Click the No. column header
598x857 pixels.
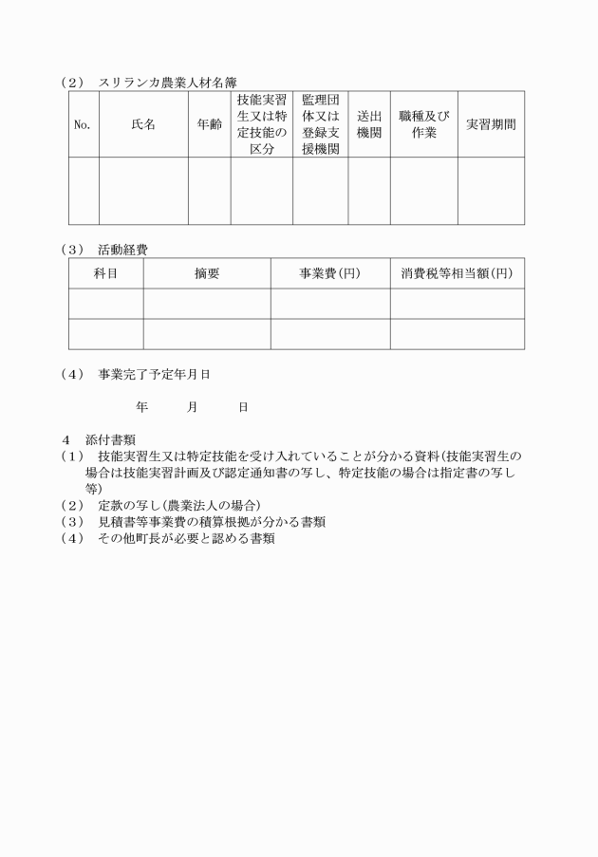(x=84, y=124)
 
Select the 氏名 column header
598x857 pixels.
(x=143, y=124)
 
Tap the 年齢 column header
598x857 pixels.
(x=209, y=124)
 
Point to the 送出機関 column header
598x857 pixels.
(x=368, y=124)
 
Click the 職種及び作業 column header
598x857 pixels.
(x=423, y=124)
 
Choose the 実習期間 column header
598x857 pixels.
(x=491, y=124)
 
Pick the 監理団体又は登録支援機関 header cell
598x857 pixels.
(x=320, y=124)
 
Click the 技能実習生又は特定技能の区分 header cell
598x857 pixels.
(x=261, y=124)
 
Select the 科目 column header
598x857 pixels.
(x=105, y=273)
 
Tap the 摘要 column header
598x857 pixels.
(x=207, y=273)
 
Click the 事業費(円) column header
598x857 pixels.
(x=329, y=273)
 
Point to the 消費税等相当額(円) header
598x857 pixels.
(x=457, y=273)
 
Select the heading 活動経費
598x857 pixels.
(x=122, y=250)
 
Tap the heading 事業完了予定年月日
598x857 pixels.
(x=154, y=375)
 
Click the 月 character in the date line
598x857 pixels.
(x=192, y=406)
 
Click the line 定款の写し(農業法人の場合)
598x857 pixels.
(x=178, y=505)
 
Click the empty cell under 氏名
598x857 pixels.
(x=143, y=191)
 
